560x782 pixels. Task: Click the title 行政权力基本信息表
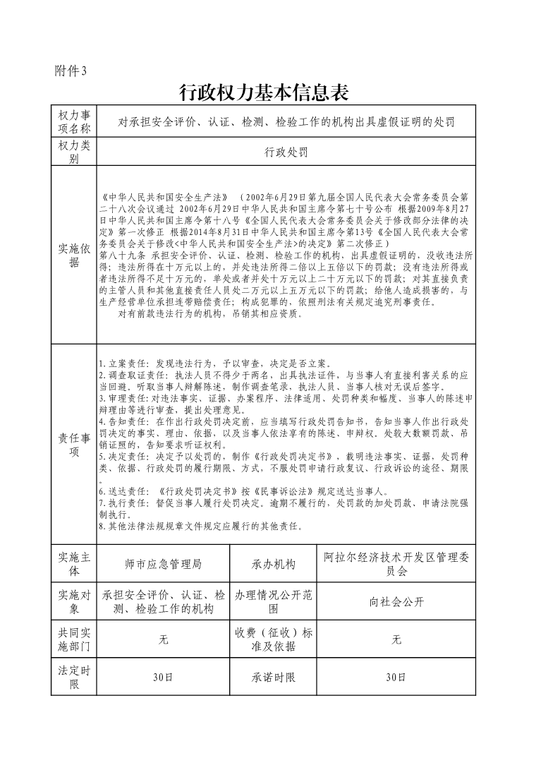pyautogui.click(x=264, y=92)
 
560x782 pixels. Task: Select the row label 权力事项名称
pyautogui.click(x=74, y=122)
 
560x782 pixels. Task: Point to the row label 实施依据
pyautogui.click(x=74, y=255)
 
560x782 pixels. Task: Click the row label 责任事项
pyautogui.click(x=74, y=445)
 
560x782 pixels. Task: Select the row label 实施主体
pyautogui.click(x=74, y=564)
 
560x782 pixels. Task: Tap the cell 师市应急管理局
pyautogui.click(x=163, y=565)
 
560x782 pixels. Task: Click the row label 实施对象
pyautogui.click(x=74, y=601)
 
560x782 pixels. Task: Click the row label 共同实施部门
pyautogui.click(x=74, y=639)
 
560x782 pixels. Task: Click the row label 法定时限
pyautogui.click(x=74, y=677)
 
